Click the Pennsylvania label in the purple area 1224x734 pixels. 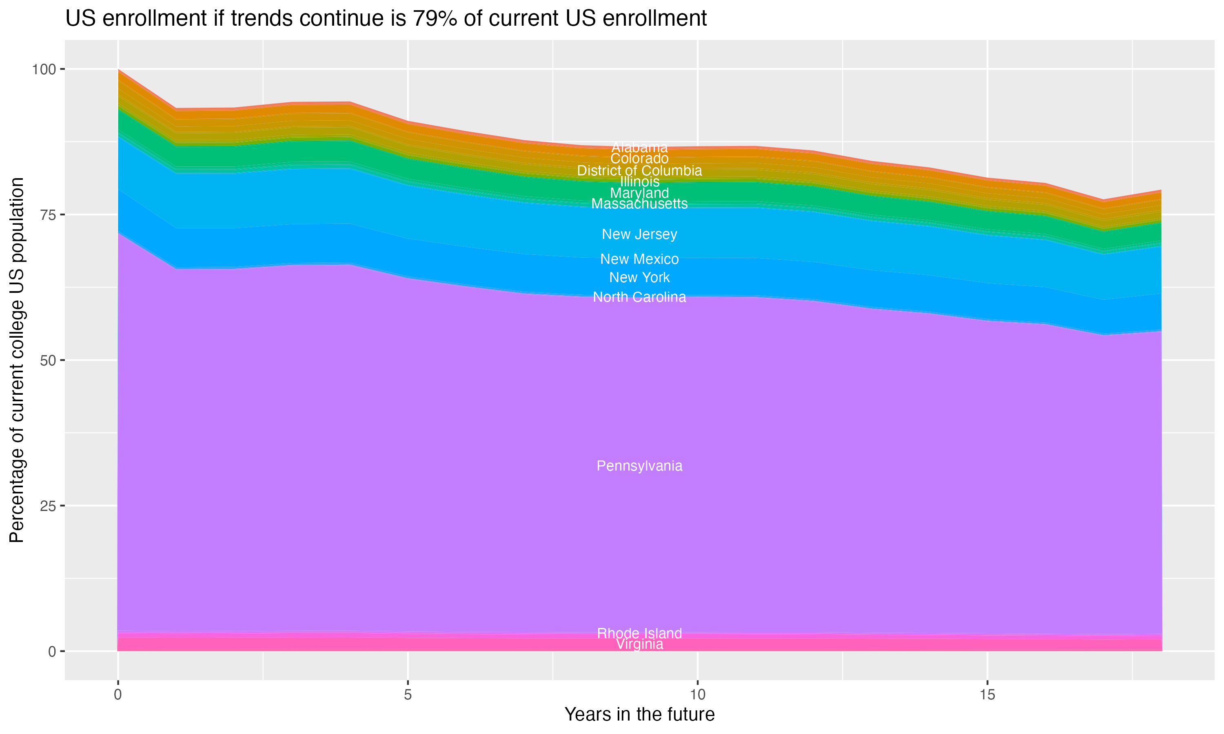[639, 466]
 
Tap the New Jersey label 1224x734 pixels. [639, 234]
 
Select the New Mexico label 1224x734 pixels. [639, 259]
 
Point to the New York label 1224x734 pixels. [639, 277]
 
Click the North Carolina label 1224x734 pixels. [639, 297]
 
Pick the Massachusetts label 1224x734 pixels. [639, 204]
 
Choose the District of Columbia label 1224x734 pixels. [639, 170]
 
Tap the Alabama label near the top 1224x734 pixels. [639, 147]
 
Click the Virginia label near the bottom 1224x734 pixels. [639, 644]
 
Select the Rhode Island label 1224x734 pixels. [639, 633]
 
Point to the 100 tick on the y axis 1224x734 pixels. [44, 69]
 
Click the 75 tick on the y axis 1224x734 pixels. [47, 214]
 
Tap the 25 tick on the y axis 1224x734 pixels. [47, 506]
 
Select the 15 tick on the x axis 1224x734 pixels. [987, 695]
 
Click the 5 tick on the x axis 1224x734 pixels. [408, 695]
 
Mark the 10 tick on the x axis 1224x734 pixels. [697, 695]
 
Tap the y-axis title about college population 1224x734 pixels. [17, 360]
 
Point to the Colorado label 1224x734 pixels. [639, 159]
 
